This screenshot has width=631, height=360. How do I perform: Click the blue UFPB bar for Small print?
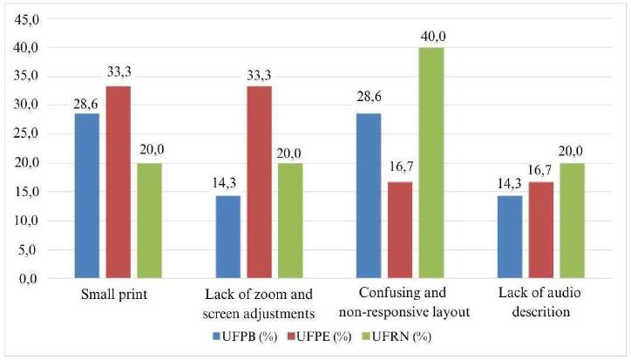tap(87, 196)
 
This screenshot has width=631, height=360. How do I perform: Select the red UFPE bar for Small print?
tap(119, 182)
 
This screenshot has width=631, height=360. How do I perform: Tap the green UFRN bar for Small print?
tap(149, 221)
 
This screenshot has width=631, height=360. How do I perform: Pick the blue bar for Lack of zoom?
tap(228, 237)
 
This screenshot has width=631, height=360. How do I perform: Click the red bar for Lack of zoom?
tap(259, 182)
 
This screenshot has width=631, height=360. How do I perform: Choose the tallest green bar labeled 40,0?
tap(431, 163)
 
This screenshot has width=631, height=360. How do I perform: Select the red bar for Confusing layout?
tap(400, 230)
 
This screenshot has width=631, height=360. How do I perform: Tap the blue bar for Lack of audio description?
tap(510, 237)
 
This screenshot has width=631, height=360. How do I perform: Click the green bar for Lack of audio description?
tap(573, 221)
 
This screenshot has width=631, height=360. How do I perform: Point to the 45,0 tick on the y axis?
tap(26, 19)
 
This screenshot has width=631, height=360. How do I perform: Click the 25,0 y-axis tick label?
tap(26, 134)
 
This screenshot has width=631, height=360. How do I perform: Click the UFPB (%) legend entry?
tap(245, 336)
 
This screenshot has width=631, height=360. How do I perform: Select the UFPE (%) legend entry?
tap(319, 336)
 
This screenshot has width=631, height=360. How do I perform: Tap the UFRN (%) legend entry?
tap(397, 336)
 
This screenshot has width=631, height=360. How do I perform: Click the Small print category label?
tap(114, 295)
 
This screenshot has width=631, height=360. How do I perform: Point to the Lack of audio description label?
tap(540, 302)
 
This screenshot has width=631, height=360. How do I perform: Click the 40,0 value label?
tap(433, 37)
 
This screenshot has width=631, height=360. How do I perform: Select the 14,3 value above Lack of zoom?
tap(225, 184)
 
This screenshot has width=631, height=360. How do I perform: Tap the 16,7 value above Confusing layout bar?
tap(401, 166)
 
